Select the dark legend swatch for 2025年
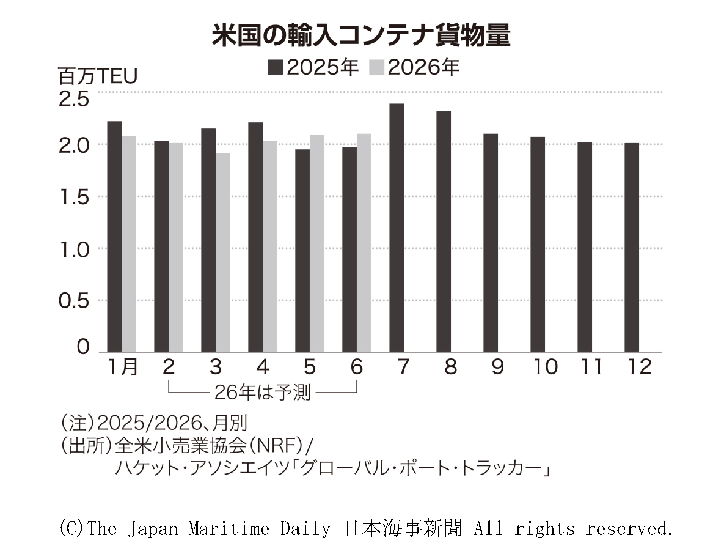point(275,67)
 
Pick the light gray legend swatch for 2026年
point(376,67)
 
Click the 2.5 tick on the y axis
point(74,99)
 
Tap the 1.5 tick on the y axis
point(74,198)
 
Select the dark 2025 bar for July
point(396,228)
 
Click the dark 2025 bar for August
point(444,231)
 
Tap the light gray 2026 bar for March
point(223,253)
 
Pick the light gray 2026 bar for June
point(364,243)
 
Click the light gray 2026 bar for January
point(129,244)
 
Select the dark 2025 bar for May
point(302,251)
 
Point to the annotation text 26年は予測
point(262,393)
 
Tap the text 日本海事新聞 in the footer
point(403,528)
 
